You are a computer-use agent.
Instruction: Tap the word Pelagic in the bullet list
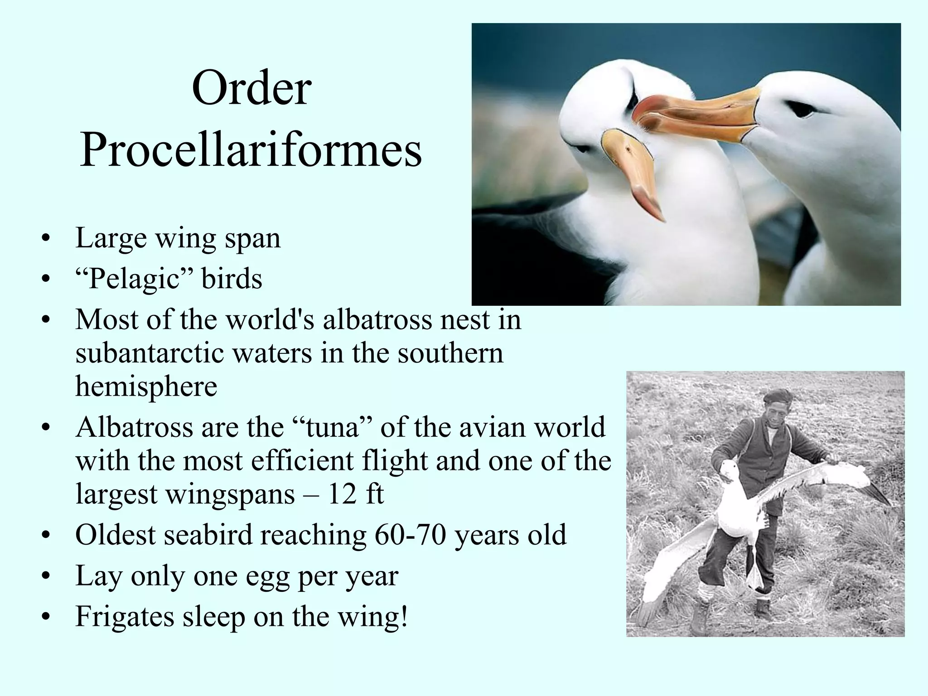click(134, 278)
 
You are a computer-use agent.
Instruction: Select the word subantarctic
click(150, 353)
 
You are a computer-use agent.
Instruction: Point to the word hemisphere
click(146, 386)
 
